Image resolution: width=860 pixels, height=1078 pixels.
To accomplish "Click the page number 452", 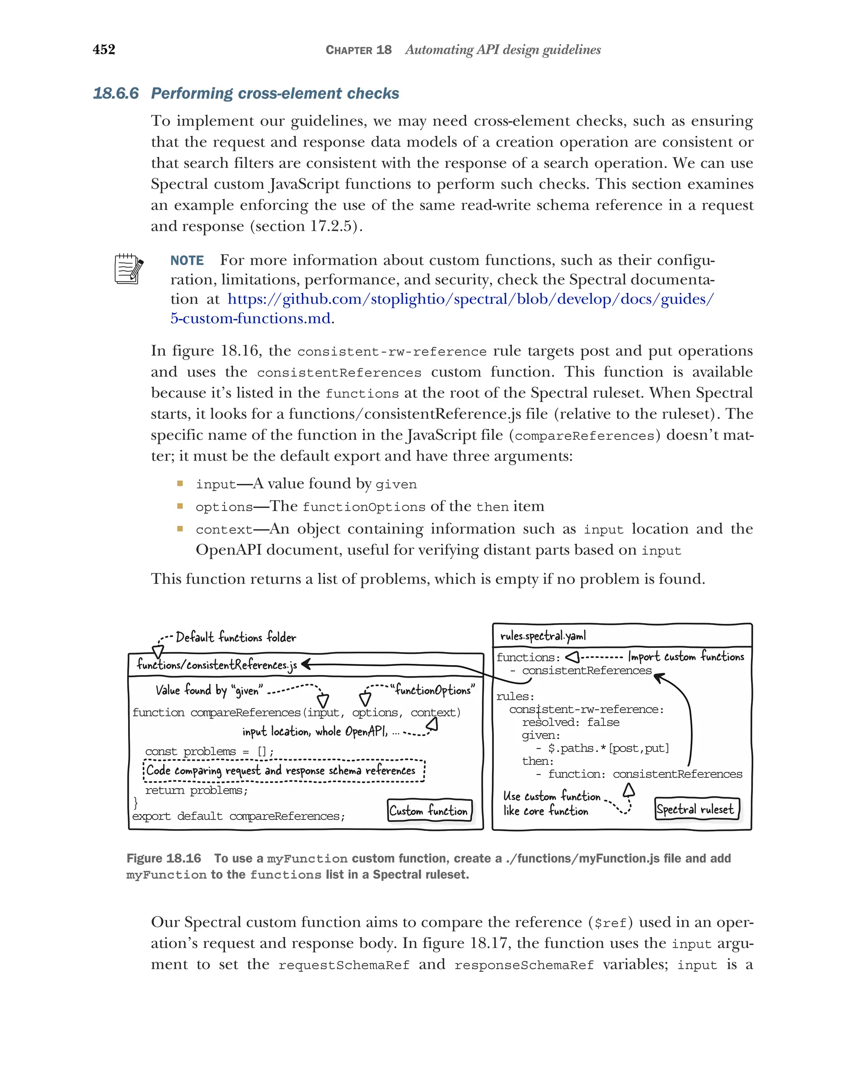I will [104, 49].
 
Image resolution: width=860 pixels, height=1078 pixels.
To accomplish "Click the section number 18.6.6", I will [115, 94].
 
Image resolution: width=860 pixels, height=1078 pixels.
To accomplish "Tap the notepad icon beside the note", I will [128, 269].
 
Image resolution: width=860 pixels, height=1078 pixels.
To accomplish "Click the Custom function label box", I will [429, 811].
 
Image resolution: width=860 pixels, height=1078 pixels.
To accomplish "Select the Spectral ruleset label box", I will [696, 809].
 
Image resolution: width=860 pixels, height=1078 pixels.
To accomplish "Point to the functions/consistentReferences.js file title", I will [217, 665].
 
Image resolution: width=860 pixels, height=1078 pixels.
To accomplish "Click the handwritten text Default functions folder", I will [236, 637].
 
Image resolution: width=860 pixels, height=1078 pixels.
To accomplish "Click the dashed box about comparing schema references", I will [283, 770].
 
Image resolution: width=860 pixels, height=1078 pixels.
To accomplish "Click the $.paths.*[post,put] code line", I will [608, 748].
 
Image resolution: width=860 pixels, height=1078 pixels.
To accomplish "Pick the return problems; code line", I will [196, 790].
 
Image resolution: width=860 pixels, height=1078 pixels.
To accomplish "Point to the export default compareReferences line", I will [238, 816].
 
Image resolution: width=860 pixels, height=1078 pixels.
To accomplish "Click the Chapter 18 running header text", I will [358, 50].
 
